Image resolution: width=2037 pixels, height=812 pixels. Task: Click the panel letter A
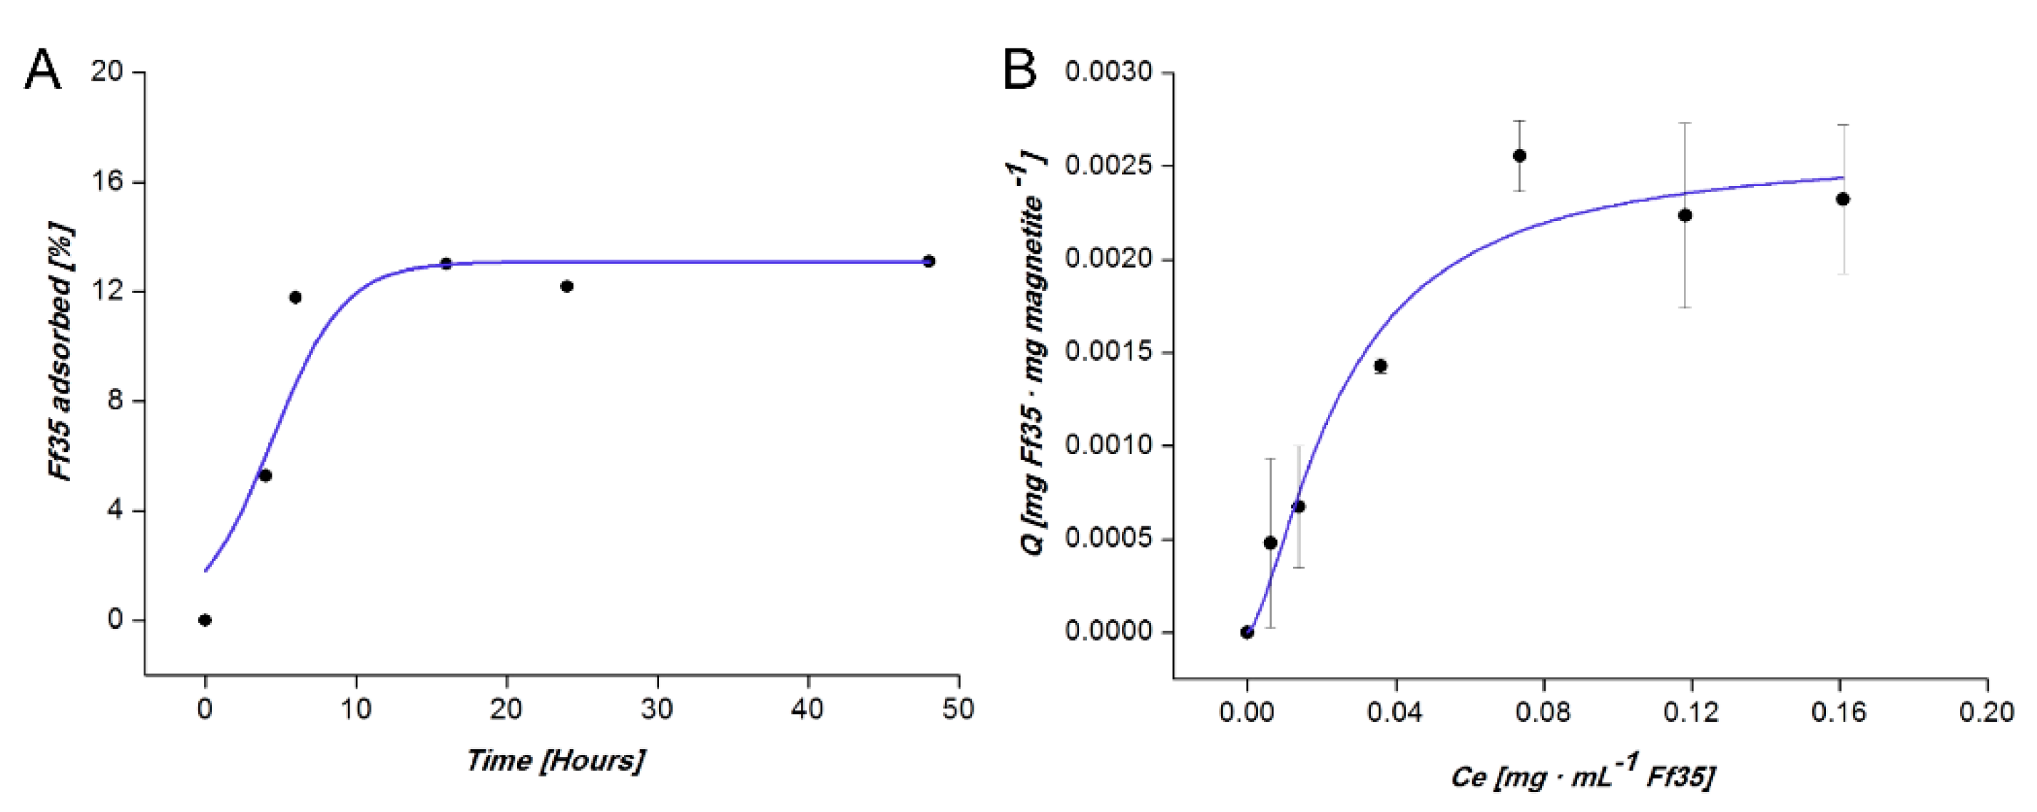pyautogui.click(x=43, y=71)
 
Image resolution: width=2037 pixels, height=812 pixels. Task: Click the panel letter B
pyautogui.click(x=1020, y=71)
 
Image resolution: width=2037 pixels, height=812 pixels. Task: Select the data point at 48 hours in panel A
pyautogui.click(x=929, y=261)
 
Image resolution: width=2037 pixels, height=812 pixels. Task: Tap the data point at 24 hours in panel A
pyautogui.click(x=566, y=286)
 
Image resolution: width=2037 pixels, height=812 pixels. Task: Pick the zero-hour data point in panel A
pyautogui.click(x=205, y=620)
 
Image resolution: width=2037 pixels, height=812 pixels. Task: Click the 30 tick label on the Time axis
pyautogui.click(x=657, y=709)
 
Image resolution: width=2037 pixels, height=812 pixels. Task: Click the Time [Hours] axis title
pyautogui.click(x=555, y=761)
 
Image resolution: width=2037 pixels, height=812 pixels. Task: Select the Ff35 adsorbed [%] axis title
pyautogui.click(x=61, y=353)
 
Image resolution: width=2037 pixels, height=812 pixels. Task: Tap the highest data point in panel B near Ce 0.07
pyautogui.click(x=1519, y=155)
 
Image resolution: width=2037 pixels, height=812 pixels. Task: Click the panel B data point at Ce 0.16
pyautogui.click(x=1842, y=199)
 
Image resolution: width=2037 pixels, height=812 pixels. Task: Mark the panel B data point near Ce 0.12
pyautogui.click(x=1685, y=215)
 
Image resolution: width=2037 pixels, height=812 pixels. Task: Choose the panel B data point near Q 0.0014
pyautogui.click(x=1381, y=366)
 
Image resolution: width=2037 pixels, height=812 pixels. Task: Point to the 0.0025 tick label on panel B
pyautogui.click(x=1108, y=166)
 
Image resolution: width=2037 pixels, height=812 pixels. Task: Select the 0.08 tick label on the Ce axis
pyautogui.click(x=1543, y=712)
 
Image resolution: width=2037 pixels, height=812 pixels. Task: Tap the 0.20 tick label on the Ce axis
pyautogui.click(x=1986, y=712)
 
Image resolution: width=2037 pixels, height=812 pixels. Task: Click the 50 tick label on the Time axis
pyautogui.click(x=958, y=709)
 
